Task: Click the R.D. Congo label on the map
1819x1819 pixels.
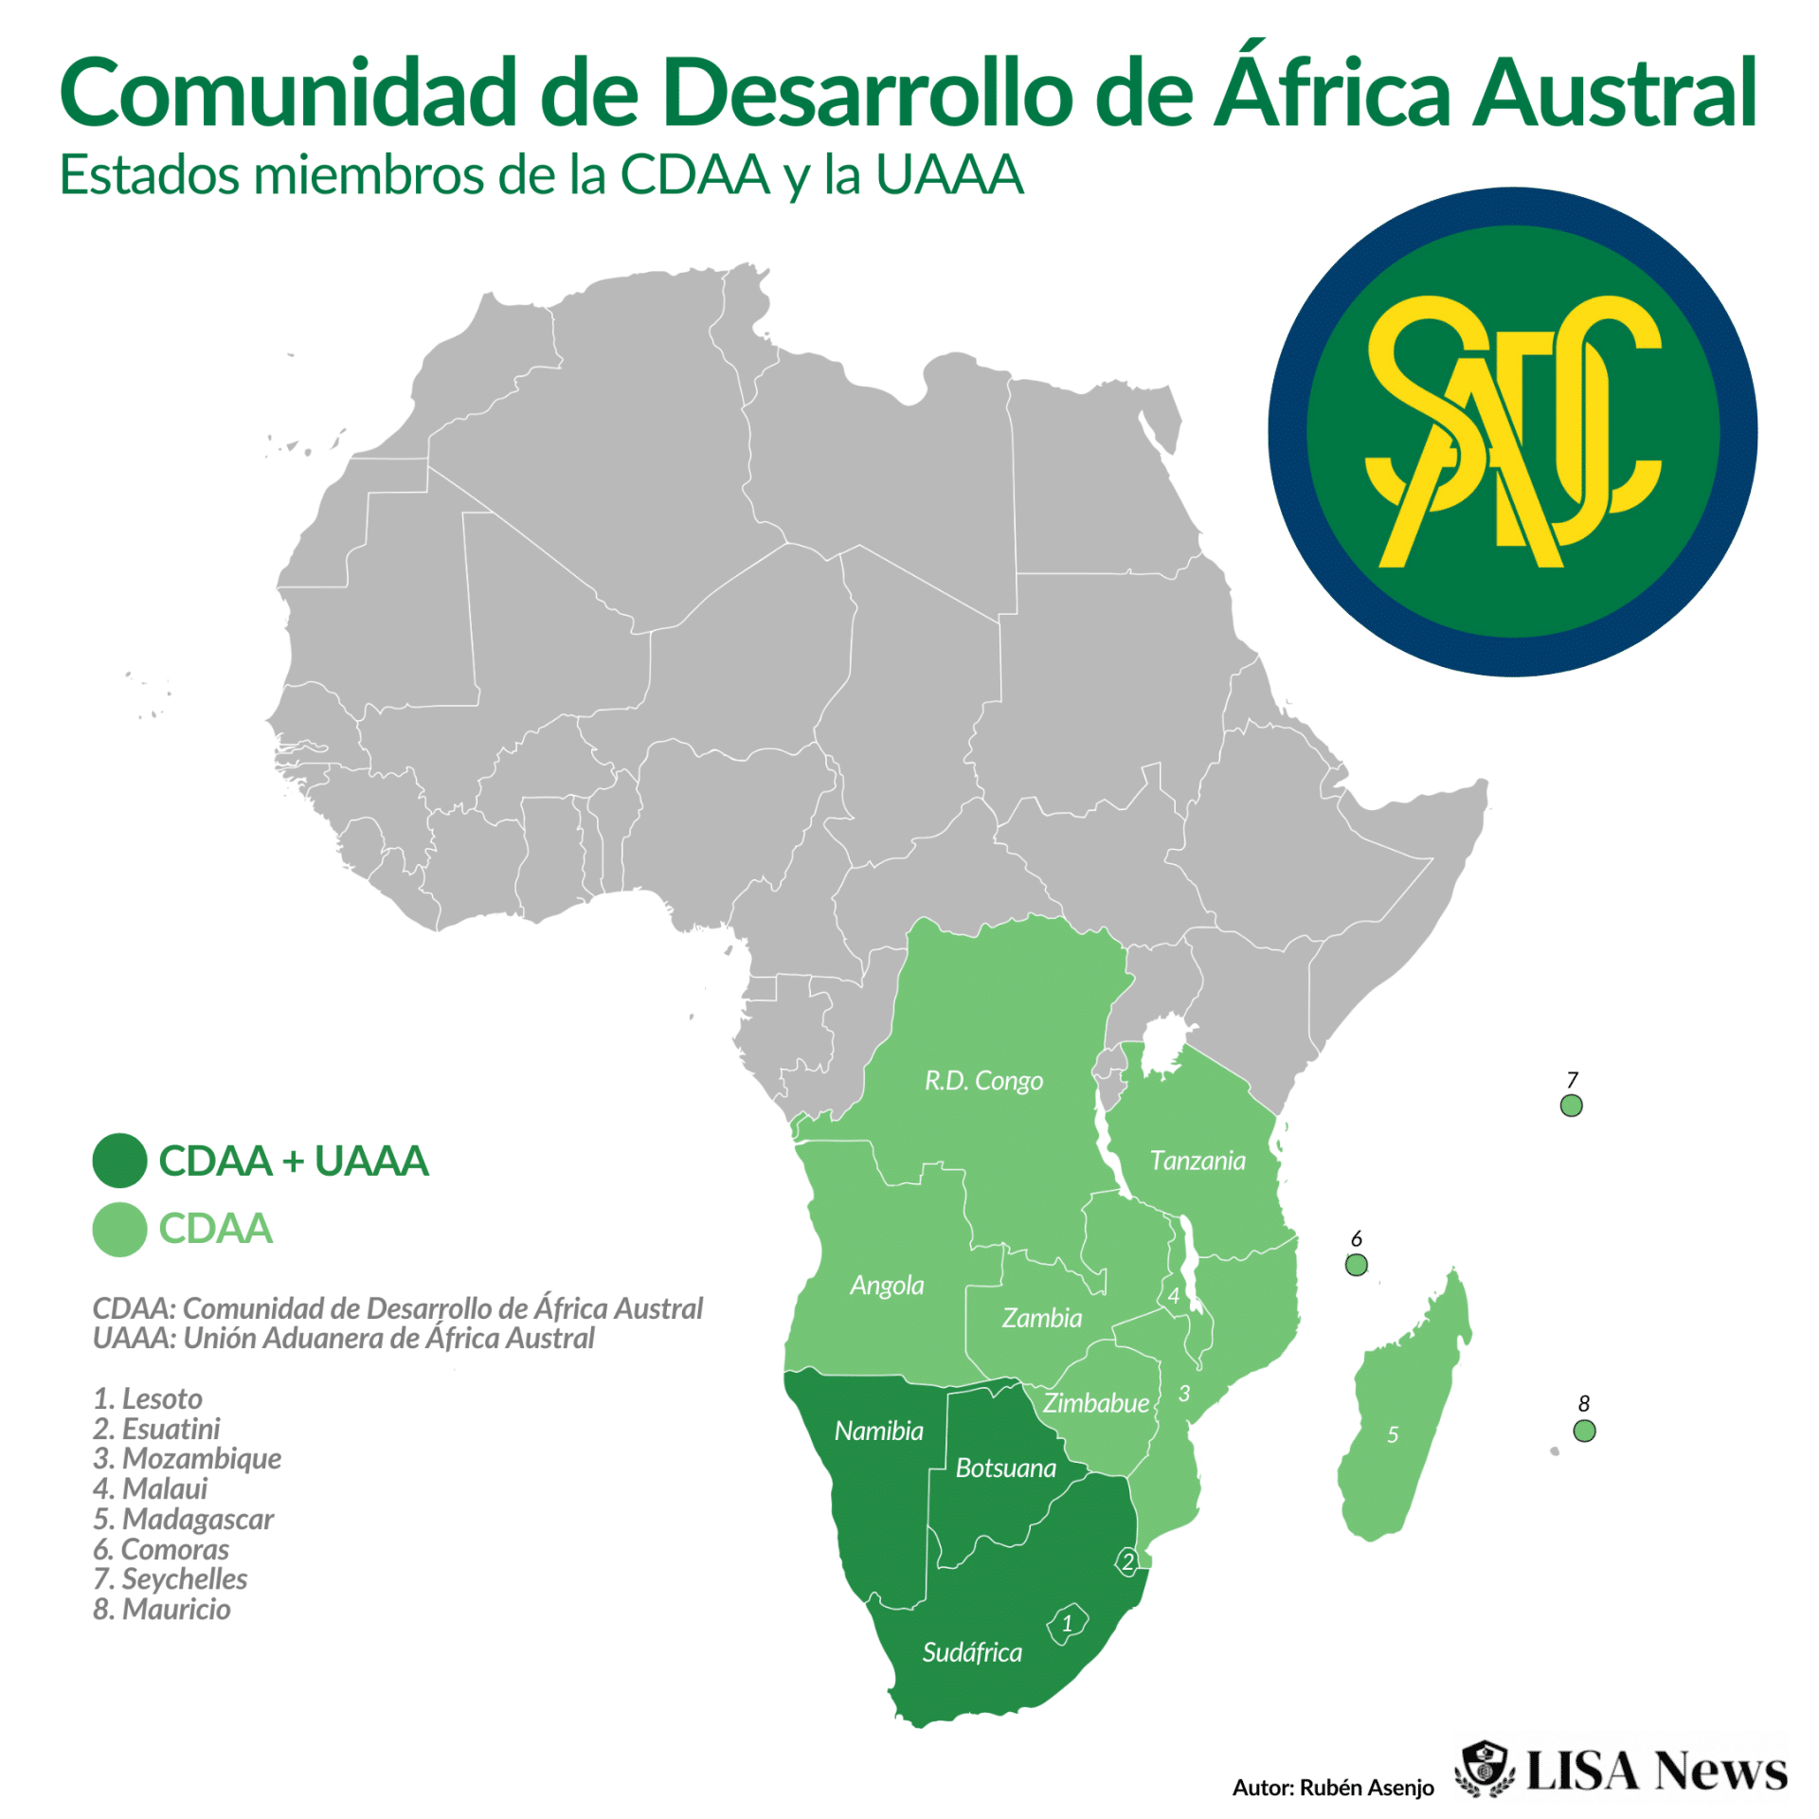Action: [983, 1081]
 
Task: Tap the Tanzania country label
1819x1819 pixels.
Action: [1198, 1161]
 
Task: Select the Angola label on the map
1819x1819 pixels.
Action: [887, 1286]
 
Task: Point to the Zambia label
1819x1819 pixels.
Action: [1042, 1318]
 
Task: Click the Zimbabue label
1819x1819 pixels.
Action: [1096, 1403]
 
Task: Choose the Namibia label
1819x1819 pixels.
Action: [878, 1431]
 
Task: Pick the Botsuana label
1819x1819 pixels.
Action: [1005, 1468]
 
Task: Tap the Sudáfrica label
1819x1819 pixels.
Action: [972, 1652]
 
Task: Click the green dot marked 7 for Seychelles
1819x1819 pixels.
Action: [1571, 1106]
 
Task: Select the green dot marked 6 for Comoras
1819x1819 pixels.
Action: [1356, 1265]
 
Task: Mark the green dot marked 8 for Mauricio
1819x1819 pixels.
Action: [1584, 1431]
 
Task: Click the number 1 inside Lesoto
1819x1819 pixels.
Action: [1068, 1624]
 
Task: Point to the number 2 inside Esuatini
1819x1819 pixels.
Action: [1127, 1562]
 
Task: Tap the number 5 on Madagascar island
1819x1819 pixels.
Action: [1393, 1434]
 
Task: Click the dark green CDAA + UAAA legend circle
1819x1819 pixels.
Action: [119, 1161]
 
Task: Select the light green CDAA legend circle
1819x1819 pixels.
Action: [119, 1230]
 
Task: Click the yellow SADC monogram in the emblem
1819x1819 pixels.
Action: [1512, 432]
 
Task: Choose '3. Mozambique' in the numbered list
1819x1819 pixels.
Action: [188, 1458]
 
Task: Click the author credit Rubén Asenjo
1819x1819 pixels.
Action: [1333, 1788]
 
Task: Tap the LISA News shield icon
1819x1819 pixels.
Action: [1485, 1769]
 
